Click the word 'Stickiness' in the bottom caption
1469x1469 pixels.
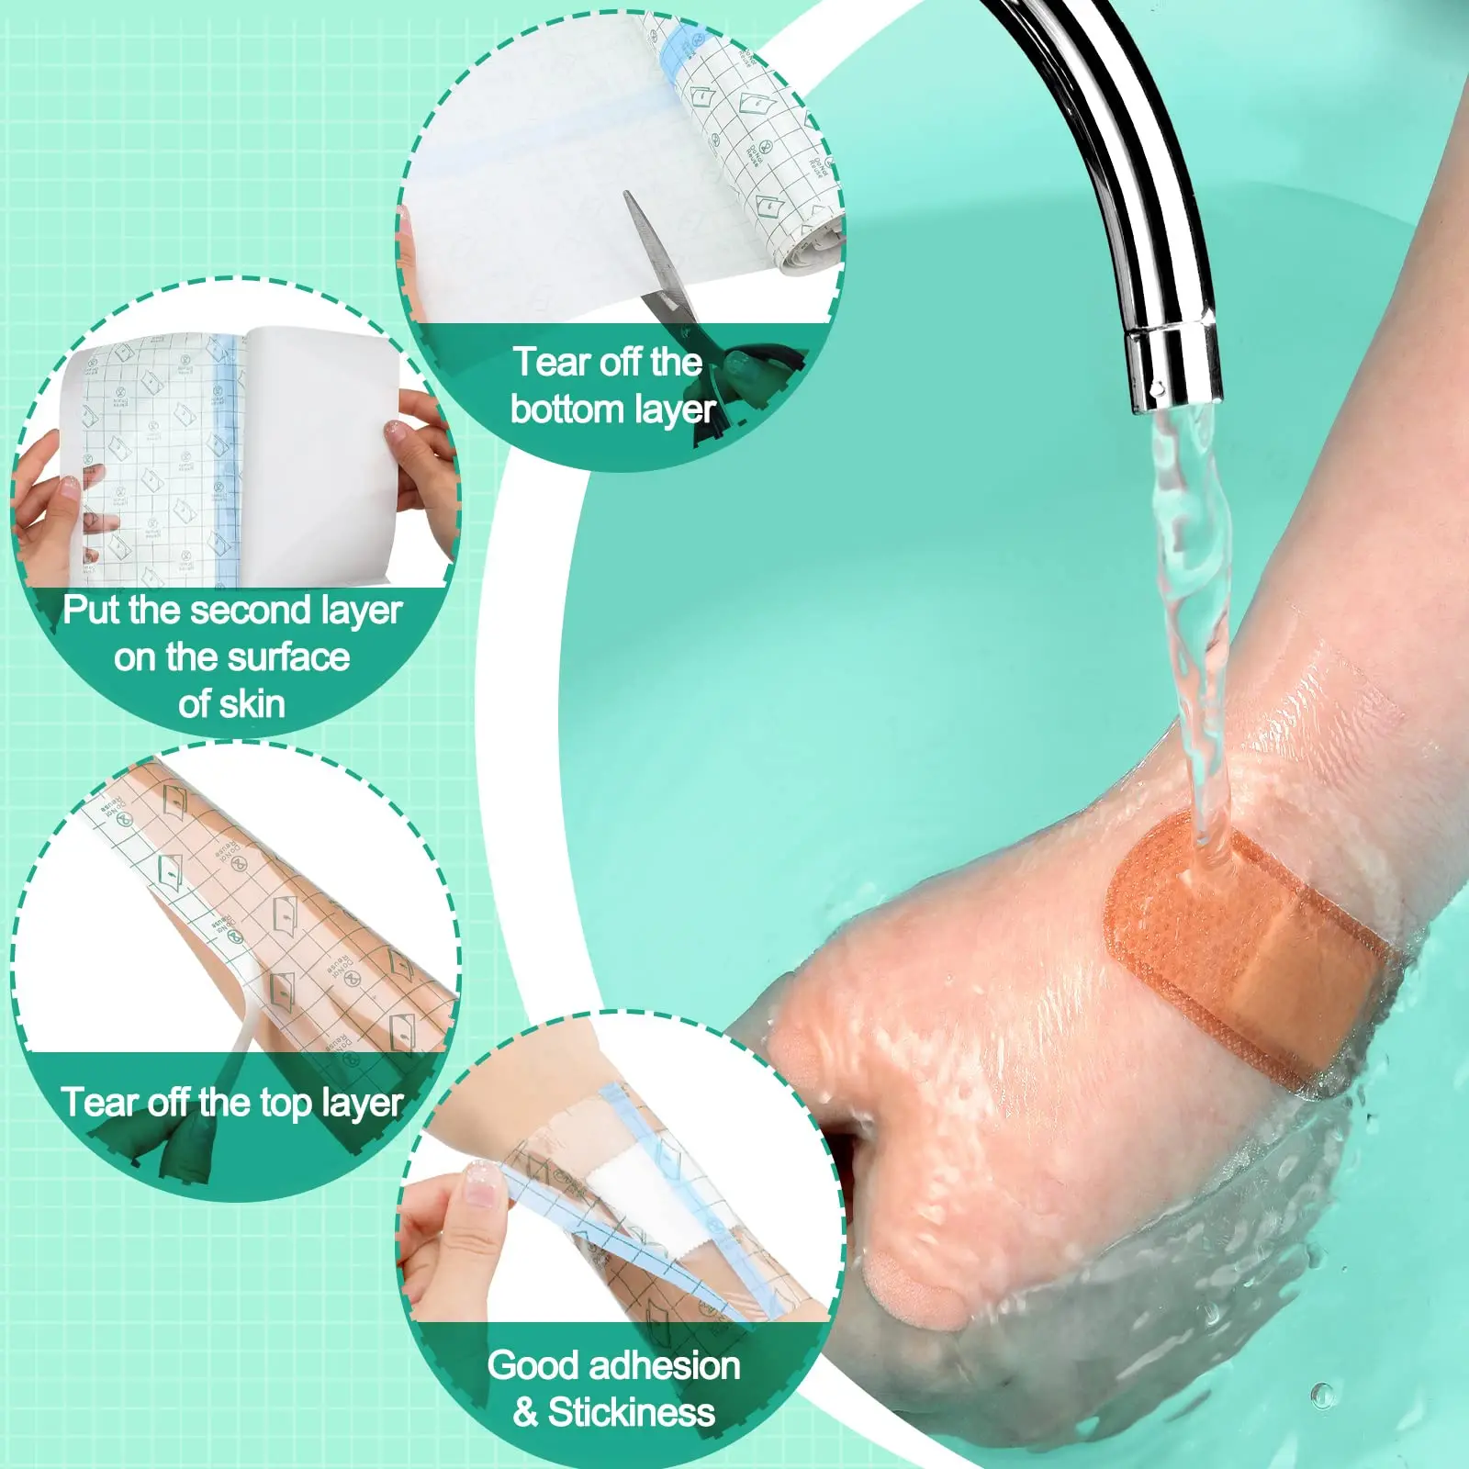[632, 1412]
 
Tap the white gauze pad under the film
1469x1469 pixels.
[629, 1194]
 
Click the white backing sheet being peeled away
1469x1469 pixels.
[321, 441]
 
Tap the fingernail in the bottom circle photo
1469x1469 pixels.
[480, 1186]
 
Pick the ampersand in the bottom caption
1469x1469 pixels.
[525, 1412]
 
